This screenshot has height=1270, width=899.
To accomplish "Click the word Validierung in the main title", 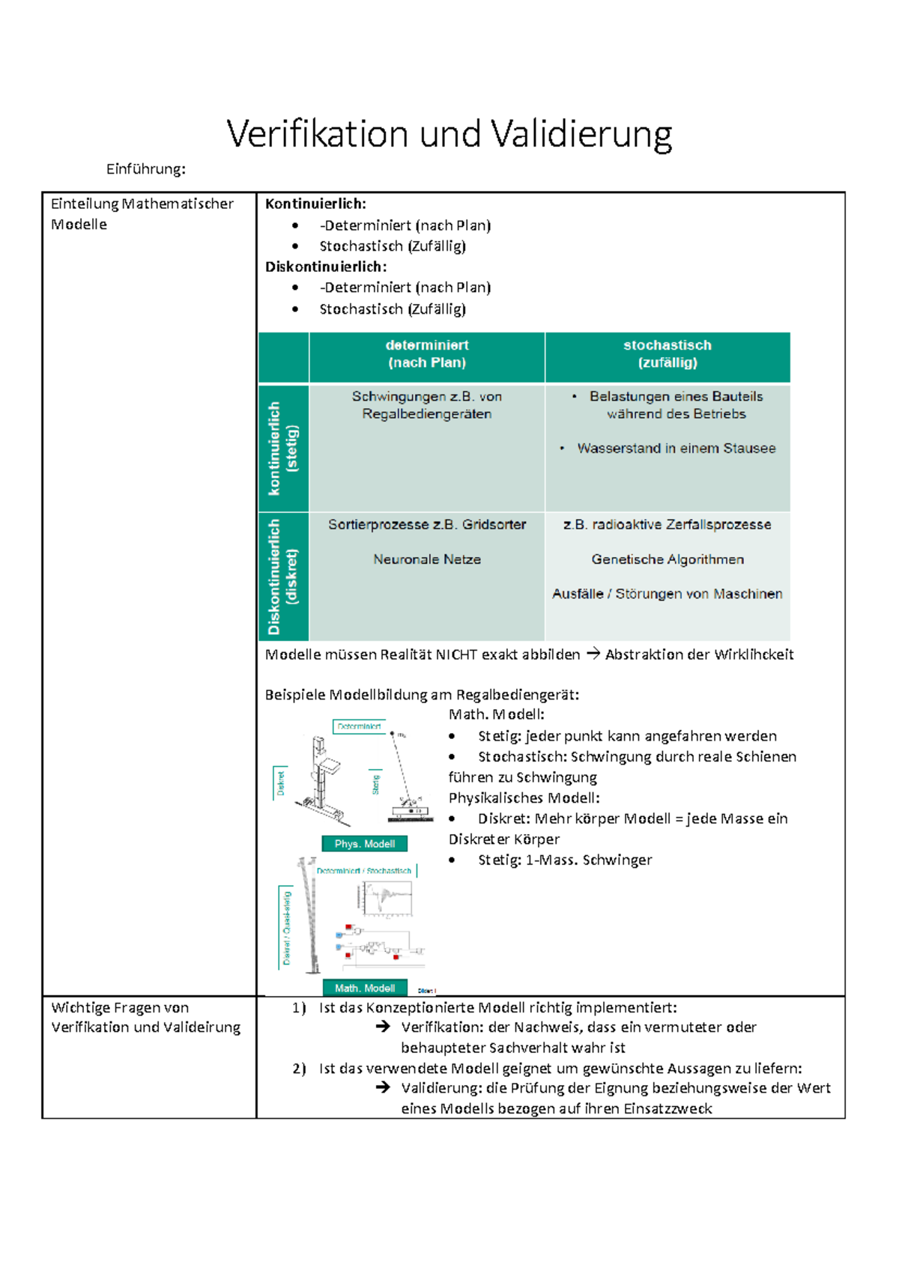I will click(x=581, y=135).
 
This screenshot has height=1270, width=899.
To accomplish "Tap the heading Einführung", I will click(x=145, y=169).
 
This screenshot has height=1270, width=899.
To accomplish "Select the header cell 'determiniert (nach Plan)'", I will click(x=427, y=354).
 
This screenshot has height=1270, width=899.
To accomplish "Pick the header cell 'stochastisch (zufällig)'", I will click(x=668, y=354).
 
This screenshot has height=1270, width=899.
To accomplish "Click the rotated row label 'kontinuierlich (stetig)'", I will click(x=283, y=449).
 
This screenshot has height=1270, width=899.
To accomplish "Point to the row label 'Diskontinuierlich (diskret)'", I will click(x=283, y=577).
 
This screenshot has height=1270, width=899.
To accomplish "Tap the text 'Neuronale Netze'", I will click(x=427, y=559).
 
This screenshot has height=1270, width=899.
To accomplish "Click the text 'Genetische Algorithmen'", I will click(x=668, y=559).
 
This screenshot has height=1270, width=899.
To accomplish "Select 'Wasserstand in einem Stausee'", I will click(x=676, y=449).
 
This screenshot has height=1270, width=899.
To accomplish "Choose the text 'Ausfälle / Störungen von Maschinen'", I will click(x=667, y=594).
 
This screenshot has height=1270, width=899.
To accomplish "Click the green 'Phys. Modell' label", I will click(x=365, y=844).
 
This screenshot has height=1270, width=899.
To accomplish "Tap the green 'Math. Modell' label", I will click(x=365, y=988).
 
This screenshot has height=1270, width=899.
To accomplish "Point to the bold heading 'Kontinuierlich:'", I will click(x=315, y=204).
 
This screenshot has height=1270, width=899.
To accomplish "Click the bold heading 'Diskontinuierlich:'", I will click(x=326, y=267).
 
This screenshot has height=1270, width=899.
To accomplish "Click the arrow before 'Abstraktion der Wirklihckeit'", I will click(x=593, y=654).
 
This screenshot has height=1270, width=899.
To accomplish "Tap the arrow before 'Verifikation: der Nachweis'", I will click(x=384, y=1027).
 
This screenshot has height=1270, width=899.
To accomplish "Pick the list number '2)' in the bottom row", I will click(x=300, y=1069).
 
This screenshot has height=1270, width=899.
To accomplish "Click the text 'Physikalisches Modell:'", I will click(x=524, y=798).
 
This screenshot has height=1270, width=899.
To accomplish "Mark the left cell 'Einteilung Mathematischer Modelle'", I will click(x=142, y=214).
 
